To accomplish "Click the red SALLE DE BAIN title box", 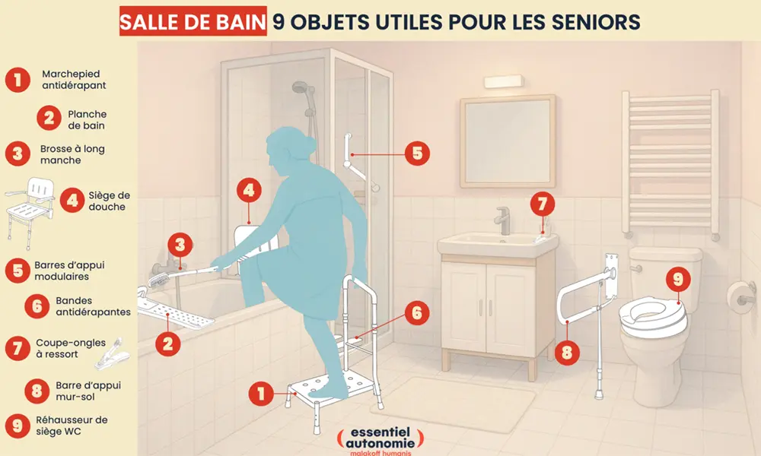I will click(x=193, y=21).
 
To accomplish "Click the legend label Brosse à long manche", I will click(x=72, y=155).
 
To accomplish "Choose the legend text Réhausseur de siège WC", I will click(x=72, y=426).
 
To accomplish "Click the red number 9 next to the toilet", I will click(x=677, y=280).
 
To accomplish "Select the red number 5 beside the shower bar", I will click(x=416, y=153).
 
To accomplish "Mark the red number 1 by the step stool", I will click(x=261, y=393).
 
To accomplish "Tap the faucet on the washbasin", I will click(x=503, y=220).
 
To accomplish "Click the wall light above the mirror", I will click(x=503, y=80).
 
